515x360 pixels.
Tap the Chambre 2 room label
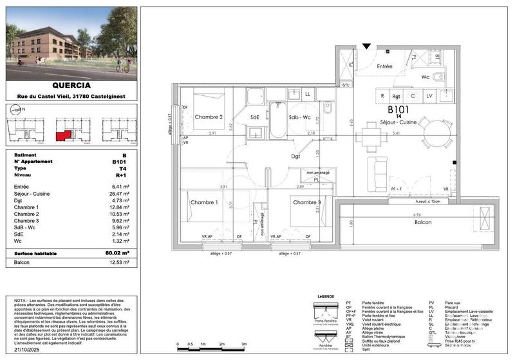(208, 117)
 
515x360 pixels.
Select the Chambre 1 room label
(203, 202)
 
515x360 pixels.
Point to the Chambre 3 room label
(306, 202)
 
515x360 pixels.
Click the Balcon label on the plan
(423, 222)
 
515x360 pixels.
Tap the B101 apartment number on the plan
(390, 109)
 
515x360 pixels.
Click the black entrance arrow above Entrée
(366, 46)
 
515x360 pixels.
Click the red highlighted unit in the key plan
(63, 136)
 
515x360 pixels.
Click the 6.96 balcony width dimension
(417, 214)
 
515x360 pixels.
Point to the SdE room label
(254, 117)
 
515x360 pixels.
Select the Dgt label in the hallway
(295, 156)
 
